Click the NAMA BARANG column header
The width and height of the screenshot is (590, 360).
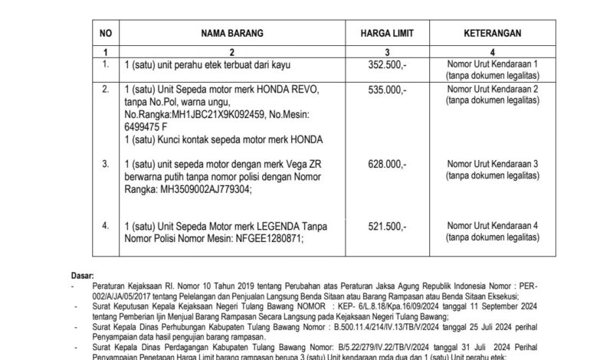point(232,34)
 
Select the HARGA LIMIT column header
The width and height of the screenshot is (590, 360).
point(387,34)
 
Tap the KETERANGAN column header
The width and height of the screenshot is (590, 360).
point(493,34)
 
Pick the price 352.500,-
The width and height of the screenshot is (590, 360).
point(388,65)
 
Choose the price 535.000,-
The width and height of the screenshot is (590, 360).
point(388,90)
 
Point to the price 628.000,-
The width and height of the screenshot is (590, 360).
point(388,164)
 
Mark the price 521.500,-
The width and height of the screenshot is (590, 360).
point(388,226)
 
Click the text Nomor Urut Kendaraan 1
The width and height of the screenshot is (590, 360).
point(493,65)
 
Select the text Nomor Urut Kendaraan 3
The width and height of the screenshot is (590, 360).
point(493,164)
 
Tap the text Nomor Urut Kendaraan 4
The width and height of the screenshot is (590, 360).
point(493,226)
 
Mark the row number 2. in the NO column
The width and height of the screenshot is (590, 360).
point(106,90)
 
